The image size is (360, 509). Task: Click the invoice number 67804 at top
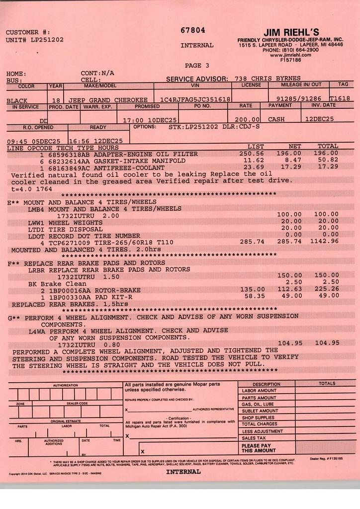[x=193, y=30]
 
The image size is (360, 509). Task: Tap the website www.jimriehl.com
[x=290, y=55]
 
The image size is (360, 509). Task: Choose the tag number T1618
[x=340, y=99]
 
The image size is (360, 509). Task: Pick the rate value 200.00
[x=250, y=120]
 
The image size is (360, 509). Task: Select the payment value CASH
[x=276, y=119]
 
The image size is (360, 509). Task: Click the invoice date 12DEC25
[x=320, y=119]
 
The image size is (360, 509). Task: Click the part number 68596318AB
[x=69, y=154]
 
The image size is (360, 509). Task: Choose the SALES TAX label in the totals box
[x=254, y=438]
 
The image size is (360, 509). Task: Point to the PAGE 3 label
[x=197, y=65]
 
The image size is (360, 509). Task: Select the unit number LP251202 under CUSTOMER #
[x=47, y=40]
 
